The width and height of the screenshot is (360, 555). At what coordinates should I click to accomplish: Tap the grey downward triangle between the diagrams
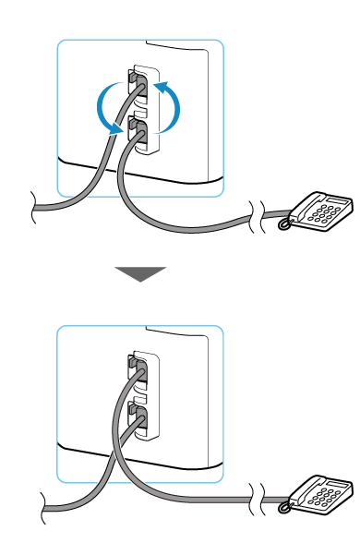tap(140, 274)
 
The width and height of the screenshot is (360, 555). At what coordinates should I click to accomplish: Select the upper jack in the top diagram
tap(138, 84)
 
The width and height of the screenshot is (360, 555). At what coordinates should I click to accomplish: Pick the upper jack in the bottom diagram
tap(138, 368)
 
